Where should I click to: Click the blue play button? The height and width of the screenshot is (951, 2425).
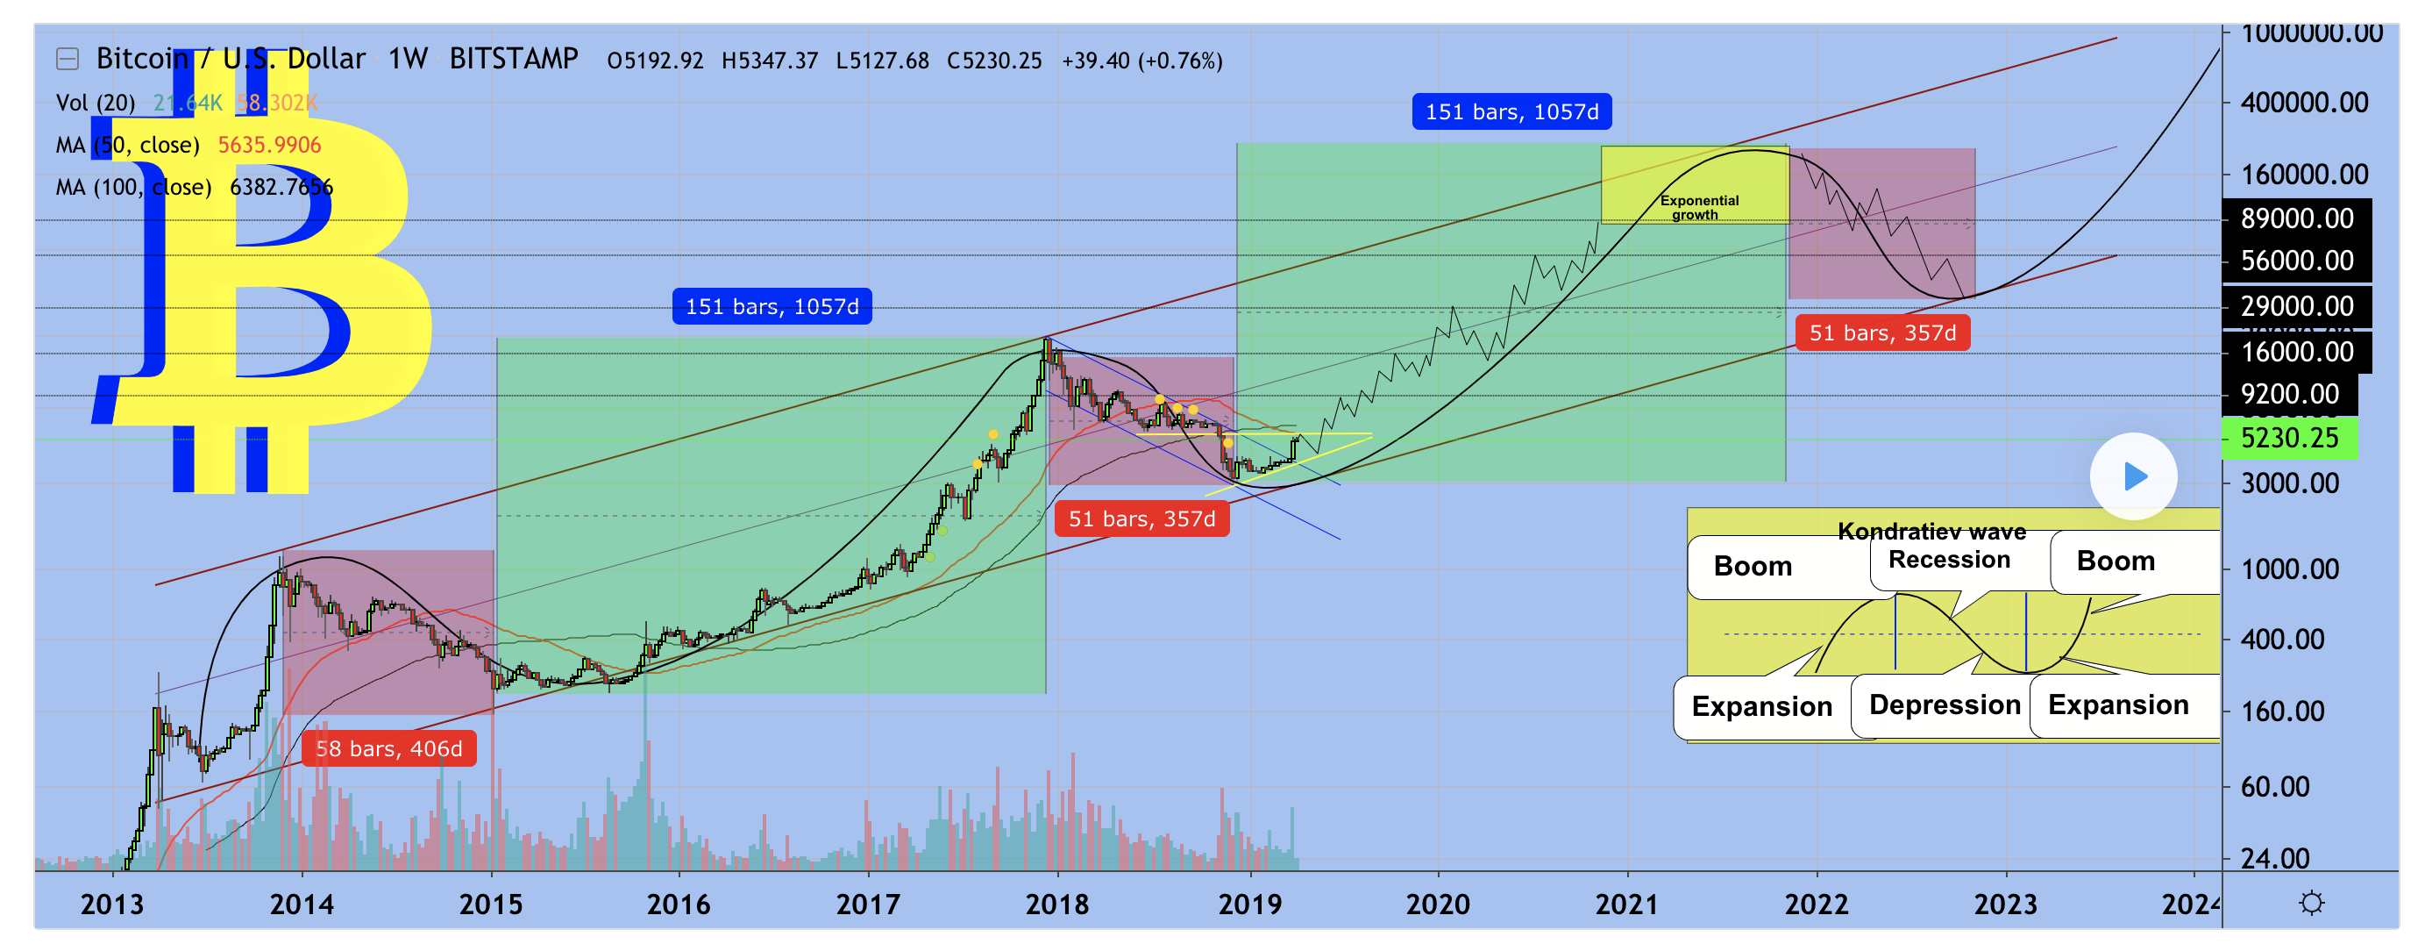pos(2133,476)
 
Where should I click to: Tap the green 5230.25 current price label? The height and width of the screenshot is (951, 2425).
pos(2288,438)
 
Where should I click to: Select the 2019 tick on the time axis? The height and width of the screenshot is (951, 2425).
pos(1249,905)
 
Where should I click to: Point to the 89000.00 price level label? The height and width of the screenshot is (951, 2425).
pos(2296,218)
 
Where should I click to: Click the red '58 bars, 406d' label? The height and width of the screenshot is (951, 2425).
pos(388,748)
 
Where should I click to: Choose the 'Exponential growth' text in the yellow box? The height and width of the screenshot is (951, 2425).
pos(1698,207)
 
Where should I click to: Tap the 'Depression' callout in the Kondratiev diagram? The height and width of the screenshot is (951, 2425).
pos(1944,704)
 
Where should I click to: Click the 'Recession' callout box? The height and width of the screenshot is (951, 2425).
pos(1949,561)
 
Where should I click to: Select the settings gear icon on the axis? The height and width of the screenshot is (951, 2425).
pos(2311,904)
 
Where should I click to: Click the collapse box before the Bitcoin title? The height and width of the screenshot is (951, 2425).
pos(67,60)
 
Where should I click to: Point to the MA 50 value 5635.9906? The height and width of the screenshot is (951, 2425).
pos(269,145)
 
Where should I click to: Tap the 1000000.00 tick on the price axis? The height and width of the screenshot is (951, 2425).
pos(2311,34)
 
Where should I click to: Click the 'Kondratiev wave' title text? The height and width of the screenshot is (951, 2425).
pos(1931,532)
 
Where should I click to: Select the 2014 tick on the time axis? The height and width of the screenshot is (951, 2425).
pos(302,905)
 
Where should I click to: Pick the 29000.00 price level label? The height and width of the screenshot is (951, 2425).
pos(2296,306)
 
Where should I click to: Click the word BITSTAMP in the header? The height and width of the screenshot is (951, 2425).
pos(513,60)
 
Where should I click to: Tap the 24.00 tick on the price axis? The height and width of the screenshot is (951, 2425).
pos(2274,859)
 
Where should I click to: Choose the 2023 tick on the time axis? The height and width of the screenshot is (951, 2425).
pos(2004,905)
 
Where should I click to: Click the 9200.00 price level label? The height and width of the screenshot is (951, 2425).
pos(2289,394)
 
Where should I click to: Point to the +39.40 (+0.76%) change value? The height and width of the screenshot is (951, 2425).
pos(1141,61)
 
